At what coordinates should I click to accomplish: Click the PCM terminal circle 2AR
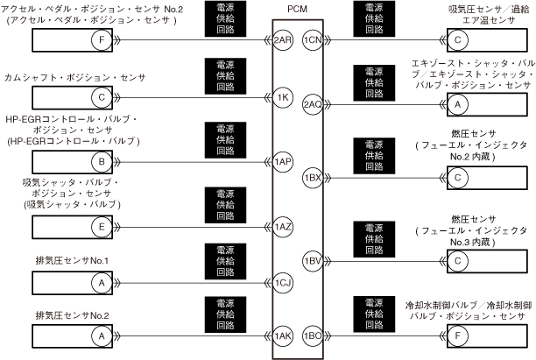(282, 40)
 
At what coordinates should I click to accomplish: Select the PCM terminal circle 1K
(282, 96)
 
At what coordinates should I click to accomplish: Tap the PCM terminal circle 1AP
(282, 162)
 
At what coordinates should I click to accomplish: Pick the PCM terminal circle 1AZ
(282, 227)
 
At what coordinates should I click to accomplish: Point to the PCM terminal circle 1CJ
(282, 282)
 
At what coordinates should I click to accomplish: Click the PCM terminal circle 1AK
(282, 335)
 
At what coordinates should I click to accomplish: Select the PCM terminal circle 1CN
(312, 40)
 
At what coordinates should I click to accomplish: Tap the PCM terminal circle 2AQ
(312, 104)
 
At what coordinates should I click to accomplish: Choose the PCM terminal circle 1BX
(312, 178)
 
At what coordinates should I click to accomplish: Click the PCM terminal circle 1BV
(312, 260)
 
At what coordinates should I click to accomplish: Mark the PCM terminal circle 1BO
(312, 335)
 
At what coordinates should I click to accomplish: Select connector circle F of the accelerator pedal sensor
(104, 40)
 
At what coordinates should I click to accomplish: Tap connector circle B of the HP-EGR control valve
(102, 162)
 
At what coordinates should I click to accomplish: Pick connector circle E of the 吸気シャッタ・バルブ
(102, 227)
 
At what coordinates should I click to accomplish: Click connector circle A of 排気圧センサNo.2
(102, 335)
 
